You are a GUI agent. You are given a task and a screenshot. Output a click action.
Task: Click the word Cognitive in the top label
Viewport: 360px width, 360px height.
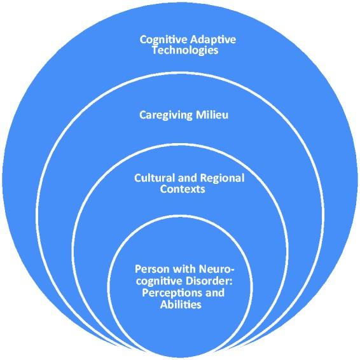(x=160, y=40)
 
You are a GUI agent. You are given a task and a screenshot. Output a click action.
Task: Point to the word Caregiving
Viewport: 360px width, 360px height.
(x=165, y=116)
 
